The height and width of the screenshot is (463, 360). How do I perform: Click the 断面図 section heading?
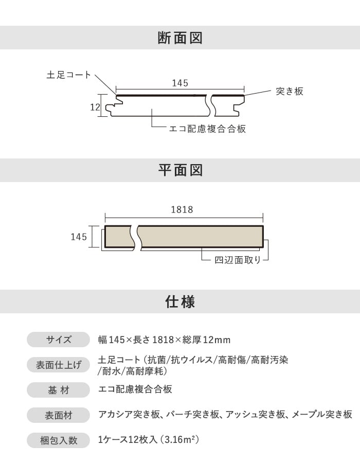180,38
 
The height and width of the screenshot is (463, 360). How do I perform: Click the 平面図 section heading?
180,170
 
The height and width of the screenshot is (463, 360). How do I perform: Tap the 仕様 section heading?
180,301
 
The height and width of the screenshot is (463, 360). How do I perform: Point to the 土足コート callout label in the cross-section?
68,75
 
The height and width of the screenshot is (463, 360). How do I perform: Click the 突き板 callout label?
290,91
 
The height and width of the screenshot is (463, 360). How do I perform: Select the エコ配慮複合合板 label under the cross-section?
207,129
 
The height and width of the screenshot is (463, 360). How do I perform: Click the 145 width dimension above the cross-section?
180,83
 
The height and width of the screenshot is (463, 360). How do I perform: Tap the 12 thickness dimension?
95,107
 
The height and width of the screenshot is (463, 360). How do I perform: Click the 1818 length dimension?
182,209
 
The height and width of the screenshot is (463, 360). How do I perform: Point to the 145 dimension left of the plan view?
79,237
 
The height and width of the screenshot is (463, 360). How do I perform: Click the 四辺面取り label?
238,260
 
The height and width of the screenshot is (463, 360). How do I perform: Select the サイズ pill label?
59,340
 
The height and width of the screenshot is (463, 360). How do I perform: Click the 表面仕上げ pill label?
59,365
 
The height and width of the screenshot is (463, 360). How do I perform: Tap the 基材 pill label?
59,390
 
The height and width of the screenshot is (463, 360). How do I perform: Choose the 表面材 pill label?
59,416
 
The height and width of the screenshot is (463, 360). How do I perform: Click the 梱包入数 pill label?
59,440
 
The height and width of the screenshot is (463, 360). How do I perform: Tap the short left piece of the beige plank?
118,237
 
